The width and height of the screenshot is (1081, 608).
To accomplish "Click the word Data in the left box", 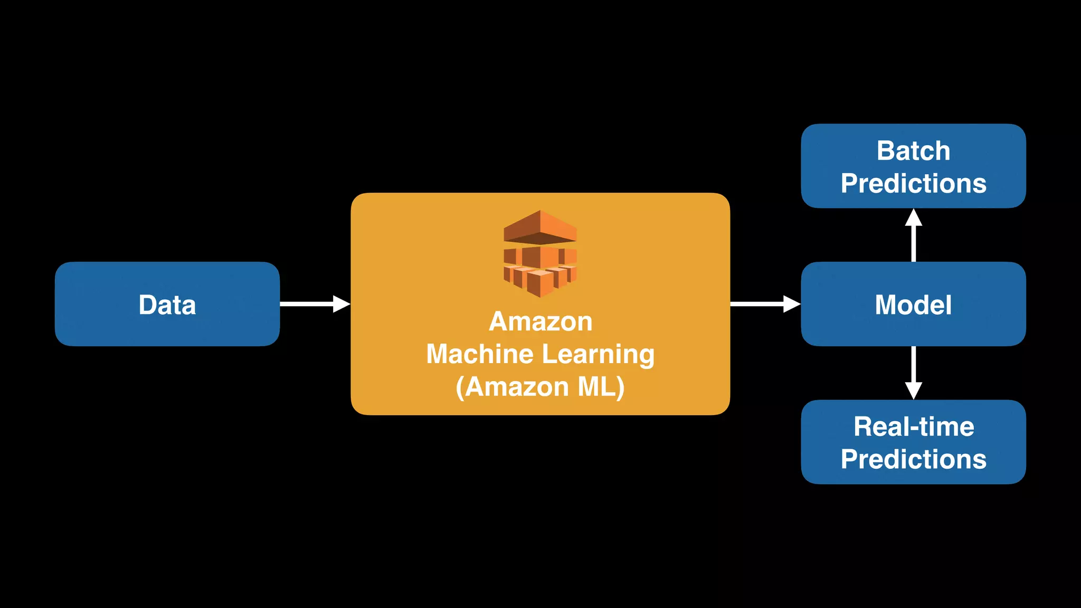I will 167,305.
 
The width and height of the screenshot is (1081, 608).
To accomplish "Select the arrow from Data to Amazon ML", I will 311,304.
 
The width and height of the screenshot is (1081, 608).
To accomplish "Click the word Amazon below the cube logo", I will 540,321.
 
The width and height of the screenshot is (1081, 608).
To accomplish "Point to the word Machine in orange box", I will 472,354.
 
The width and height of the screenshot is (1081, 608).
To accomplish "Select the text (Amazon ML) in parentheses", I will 540,387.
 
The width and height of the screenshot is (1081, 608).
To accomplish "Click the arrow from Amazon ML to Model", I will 760,304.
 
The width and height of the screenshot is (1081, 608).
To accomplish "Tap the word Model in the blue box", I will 913,305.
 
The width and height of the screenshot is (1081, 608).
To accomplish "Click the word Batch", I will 913,151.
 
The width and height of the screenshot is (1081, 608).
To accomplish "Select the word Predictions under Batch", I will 913,184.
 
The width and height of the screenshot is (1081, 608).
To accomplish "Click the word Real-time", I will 914,426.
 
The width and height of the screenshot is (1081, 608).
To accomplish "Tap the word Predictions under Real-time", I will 913,459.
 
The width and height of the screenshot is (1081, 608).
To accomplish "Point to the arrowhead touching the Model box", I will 792,304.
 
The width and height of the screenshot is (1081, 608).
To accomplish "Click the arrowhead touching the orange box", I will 342,304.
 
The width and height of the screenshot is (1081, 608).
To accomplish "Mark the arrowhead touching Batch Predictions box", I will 914,218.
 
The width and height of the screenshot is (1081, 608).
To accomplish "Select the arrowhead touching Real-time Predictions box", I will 914,391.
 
